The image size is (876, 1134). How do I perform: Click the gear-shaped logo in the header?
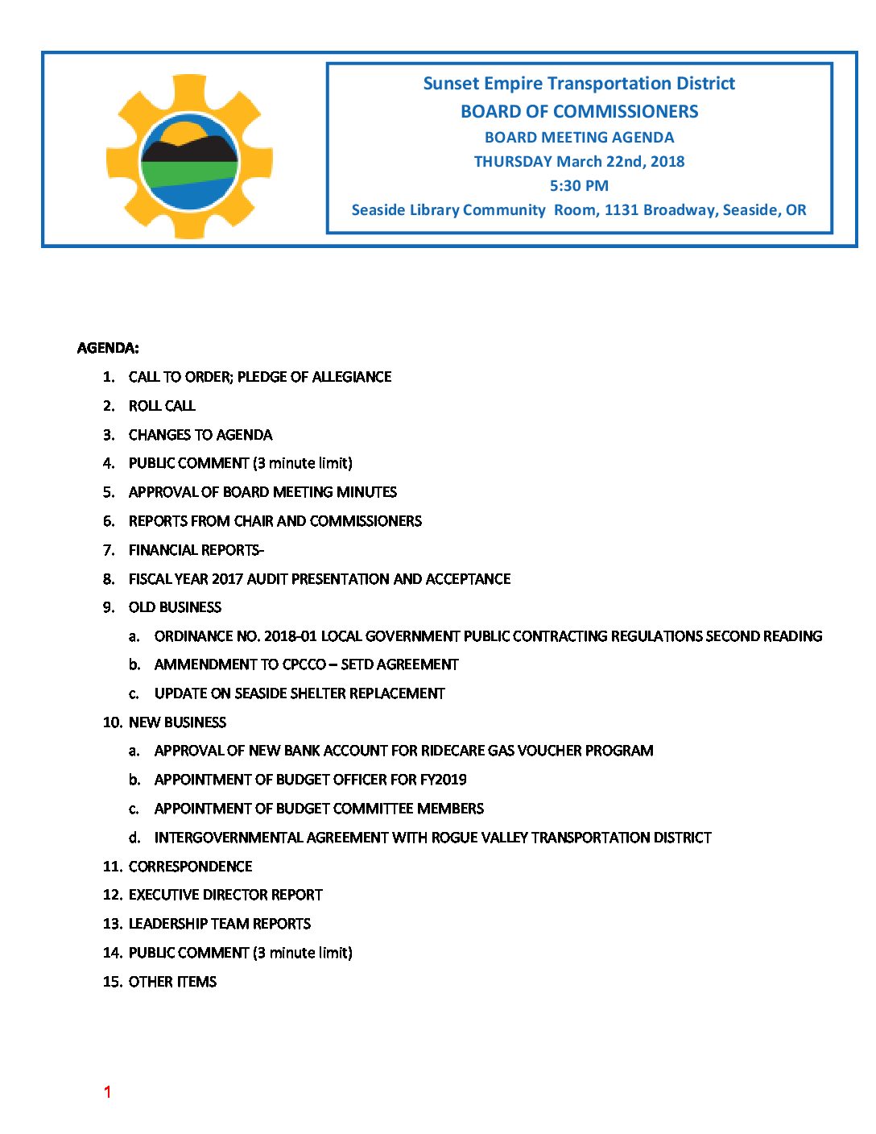[x=189, y=157]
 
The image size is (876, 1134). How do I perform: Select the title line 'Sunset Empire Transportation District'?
[x=579, y=84]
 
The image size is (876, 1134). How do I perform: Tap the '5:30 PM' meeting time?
[x=579, y=186]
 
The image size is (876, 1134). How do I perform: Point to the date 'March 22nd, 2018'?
[x=620, y=162]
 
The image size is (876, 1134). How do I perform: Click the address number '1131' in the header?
[x=621, y=210]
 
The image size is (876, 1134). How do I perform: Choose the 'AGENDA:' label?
[x=108, y=348]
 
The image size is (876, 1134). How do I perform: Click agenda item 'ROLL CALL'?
[x=162, y=406]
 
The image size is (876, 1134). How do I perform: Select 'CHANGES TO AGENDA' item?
[x=200, y=435]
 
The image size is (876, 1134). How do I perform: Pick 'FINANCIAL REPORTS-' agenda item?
[x=196, y=550]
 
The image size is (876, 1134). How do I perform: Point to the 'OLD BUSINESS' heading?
[x=175, y=607]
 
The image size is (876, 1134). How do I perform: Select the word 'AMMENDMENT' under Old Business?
[x=204, y=664]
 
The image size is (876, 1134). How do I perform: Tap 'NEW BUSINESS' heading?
[x=177, y=722]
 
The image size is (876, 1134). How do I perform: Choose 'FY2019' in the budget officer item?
[x=443, y=780]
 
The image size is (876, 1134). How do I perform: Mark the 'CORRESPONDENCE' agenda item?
[x=190, y=867]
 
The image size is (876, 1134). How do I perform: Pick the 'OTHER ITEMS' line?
[x=172, y=982]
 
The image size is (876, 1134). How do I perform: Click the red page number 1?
[x=107, y=1092]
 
